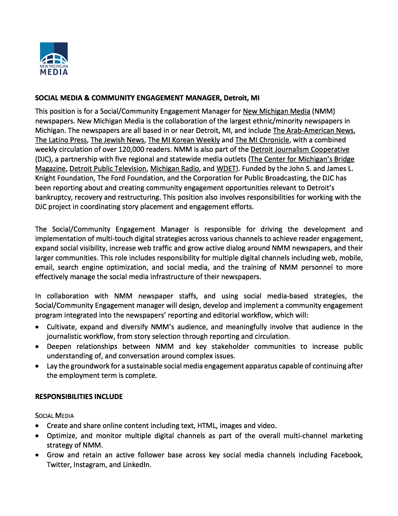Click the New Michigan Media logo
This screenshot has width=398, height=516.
coord(54,59)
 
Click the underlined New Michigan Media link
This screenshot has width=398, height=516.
coord(276,111)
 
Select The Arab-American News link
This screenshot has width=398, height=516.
coord(313,131)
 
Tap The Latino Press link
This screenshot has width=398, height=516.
coord(61,140)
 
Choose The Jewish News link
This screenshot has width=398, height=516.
coord(117,140)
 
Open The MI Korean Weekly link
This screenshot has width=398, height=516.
coord(184,140)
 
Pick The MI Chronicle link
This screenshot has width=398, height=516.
coord(262,140)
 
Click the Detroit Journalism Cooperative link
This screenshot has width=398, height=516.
coord(300,150)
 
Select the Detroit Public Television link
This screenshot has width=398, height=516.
coord(108,169)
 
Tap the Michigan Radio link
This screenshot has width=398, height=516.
coord(175,169)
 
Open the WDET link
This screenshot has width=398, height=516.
coord(226,169)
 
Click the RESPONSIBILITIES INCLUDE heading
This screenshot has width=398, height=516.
coord(79,397)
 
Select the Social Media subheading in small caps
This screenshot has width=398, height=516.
coord(54,416)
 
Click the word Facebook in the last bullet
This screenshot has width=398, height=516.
coord(346,455)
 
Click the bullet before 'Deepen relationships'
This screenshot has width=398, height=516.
coord(38,347)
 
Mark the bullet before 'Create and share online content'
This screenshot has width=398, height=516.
coord(38,426)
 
